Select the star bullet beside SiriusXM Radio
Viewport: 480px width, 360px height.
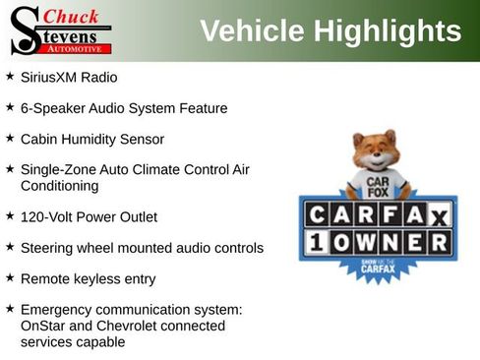pyautogui.click(x=9, y=76)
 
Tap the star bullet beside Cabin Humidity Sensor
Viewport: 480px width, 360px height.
pyautogui.click(x=9, y=139)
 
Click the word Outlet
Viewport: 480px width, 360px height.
pyautogui.click(x=136, y=216)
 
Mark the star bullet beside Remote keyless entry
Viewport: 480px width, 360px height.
pyautogui.click(x=9, y=278)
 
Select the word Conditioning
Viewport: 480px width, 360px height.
pyautogui.click(x=60, y=185)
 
